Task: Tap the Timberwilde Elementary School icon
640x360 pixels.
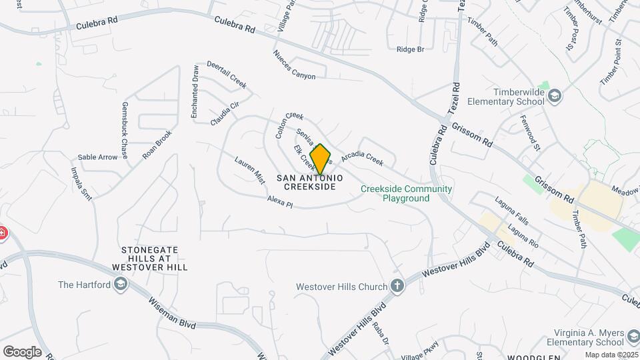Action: click(555, 97)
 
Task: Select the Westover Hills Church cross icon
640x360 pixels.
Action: click(397, 286)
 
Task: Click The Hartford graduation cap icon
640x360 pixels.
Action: click(120, 285)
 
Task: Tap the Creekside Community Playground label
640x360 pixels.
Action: click(406, 193)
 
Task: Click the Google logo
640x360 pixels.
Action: click(22, 352)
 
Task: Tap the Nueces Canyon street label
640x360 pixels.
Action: click(294, 65)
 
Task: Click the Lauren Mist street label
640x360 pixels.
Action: click(250, 170)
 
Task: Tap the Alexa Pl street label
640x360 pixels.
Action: click(280, 201)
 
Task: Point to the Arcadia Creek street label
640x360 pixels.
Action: click(362, 159)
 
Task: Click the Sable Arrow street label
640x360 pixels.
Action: click(102, 157)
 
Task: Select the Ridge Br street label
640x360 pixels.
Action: click(410, 49)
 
